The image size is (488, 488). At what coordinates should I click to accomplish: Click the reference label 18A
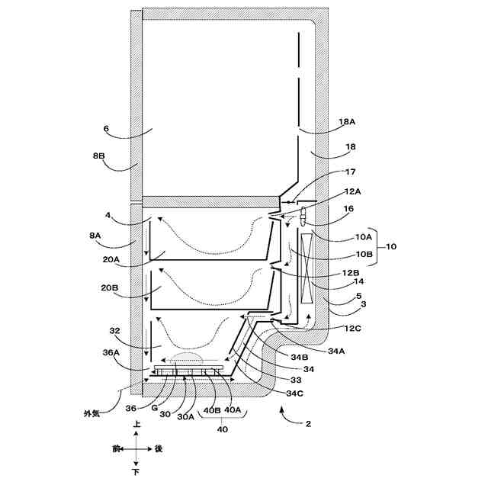pyautogui.click(x=347, y=120)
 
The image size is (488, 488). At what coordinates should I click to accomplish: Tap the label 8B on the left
pyautogui.click(x=99, y=156)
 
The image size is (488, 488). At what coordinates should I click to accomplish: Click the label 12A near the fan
pyautogui.click(x=352, y=192)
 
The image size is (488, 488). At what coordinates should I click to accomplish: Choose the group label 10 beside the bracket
pyautogui.click(x=391, y=246)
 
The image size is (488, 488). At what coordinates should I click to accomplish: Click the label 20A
pyautogui.click(x=111, y=260)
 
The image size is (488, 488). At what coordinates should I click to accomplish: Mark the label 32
pyautogui.click(x=114, y=332)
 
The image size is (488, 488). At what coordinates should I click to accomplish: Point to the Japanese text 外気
pyautogui.click(x=92, y=414)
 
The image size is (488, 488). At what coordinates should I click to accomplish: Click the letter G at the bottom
pyautogui.click(x=155, y=409)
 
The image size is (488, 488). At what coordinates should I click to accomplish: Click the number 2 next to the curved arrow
pyautogui.click(x=309, y=422)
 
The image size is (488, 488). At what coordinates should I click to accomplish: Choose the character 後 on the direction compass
pyautogui.click(x=159, y=449)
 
